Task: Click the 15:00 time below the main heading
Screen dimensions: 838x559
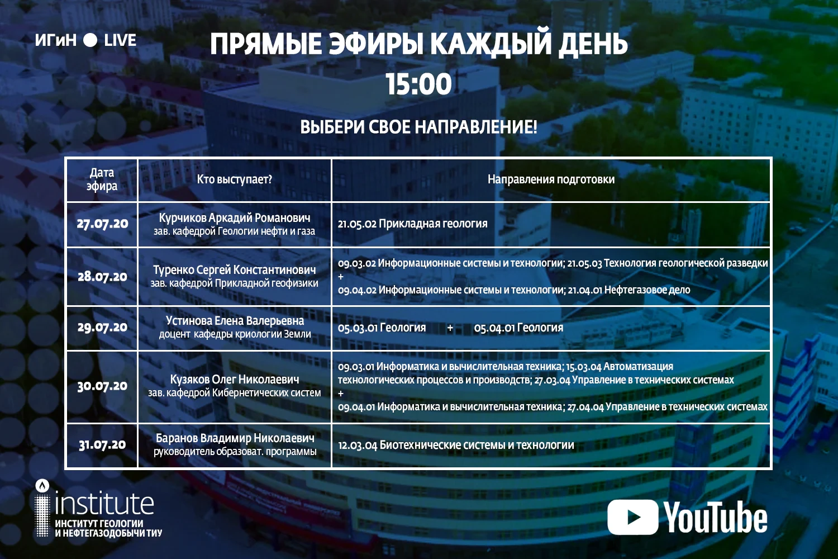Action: click(418, 84)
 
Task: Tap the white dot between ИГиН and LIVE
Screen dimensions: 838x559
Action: click(90, 40)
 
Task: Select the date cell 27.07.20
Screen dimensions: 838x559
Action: click(102, 224)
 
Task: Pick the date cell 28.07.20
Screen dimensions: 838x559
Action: click(102, 277)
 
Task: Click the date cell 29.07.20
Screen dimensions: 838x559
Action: click(102, 328)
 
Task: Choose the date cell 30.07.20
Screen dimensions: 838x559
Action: click(102, 386)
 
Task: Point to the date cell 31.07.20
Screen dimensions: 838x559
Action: click(102, 445)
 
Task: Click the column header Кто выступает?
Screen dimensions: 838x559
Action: click(235, 180)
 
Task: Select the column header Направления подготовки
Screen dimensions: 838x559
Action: click(551, 180)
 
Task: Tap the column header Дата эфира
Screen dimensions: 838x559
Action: click(102, 179)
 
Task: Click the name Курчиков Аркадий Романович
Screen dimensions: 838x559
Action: click(235, 217)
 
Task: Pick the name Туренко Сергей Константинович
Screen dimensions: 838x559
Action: click(235, 269)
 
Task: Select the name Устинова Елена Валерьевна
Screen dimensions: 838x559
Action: click(235, 321)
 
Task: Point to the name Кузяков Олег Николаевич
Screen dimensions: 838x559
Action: click(235, 379)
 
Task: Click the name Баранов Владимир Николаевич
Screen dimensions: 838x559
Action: click(235, 438)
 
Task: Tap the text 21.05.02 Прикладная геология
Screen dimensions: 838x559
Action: click(413, 224)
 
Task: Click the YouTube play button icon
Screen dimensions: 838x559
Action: click(632, 517)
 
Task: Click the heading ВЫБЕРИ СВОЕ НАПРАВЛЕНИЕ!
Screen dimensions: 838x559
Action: click(418, 127)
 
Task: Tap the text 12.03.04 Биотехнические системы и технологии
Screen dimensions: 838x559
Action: click(456, 445)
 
